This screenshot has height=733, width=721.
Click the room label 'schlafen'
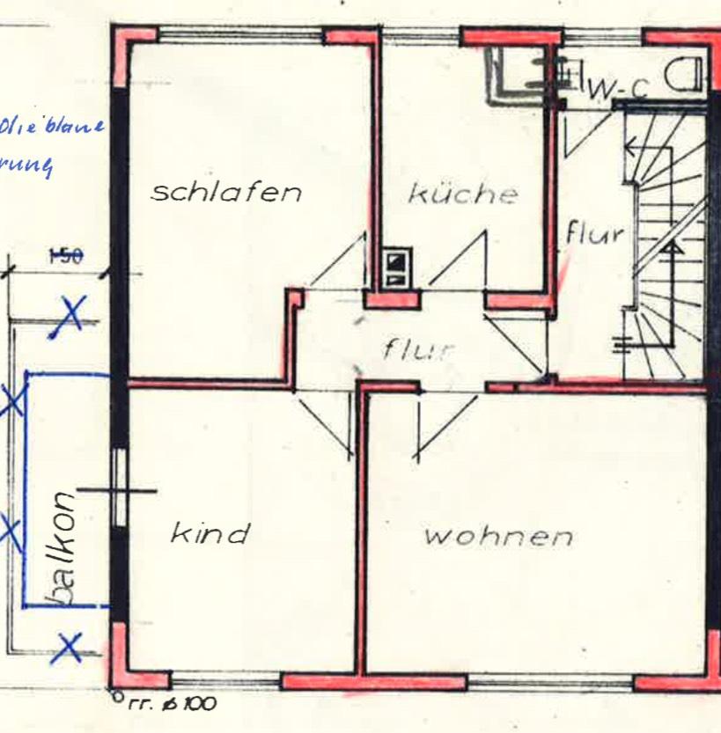(x=226, y=192)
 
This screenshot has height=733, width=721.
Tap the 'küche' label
(x=462, y=194)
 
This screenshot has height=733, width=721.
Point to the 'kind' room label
(x=210, y=532)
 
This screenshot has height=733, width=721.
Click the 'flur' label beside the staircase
(x=594, y=234)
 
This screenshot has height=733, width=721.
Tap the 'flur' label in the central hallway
(x=418, y=348)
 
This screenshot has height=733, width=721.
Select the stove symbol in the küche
(x=397, y=268)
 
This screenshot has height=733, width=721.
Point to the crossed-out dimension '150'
(x=64, y=256)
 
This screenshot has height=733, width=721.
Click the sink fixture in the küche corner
(x=519, y=70)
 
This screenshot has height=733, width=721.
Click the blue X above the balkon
(x=70, y=314)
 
